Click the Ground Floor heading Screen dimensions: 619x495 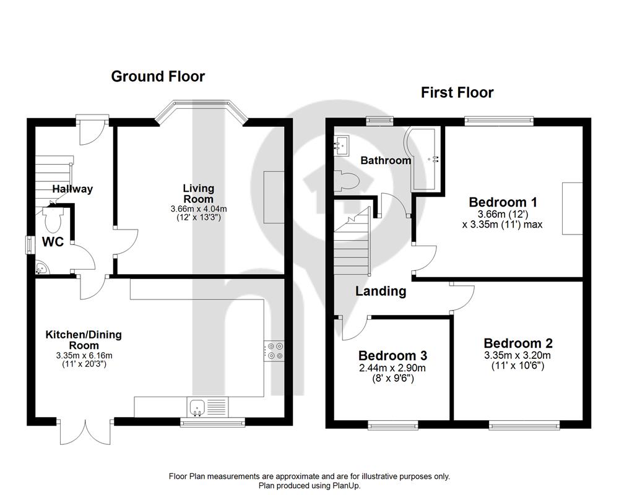point(158,77)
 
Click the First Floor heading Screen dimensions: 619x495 point(457,93)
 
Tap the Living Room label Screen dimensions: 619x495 point(199,194)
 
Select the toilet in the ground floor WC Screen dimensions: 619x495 point(53,220)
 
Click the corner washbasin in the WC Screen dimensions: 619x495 point(41,269)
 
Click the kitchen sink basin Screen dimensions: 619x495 point(196,407)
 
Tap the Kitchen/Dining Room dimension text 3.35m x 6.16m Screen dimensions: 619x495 point(84,355)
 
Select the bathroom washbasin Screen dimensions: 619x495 point(342,145)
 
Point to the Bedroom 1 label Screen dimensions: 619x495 point(503,202)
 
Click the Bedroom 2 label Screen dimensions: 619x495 point(518,343)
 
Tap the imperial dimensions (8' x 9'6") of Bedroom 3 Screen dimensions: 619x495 point(393,379)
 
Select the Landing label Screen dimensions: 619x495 point(381,291)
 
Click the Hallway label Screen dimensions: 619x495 point(72,189)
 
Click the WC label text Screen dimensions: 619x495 point(53,241)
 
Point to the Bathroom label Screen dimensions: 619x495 point(386,160)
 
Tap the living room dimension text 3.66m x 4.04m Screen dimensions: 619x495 point(199,209)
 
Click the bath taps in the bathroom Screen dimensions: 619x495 point(435,159)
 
